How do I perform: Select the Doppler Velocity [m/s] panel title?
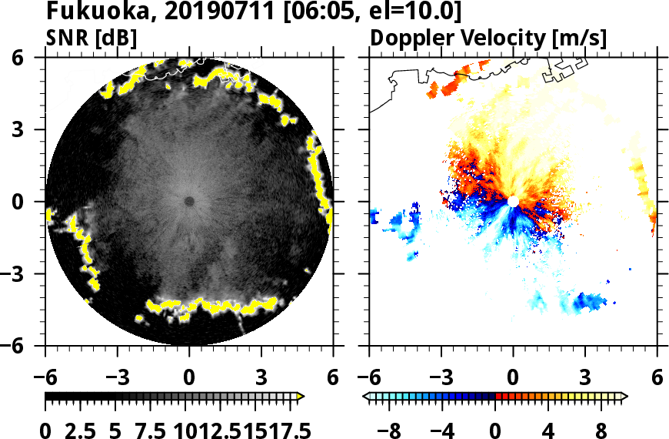[x=490, y=38]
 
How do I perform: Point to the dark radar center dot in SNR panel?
[x=189, y=202]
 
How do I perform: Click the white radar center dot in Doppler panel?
[x=513, y=201]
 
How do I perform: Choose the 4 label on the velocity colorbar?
[x=549, y=430]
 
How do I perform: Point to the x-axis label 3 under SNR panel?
[x=261, y=377]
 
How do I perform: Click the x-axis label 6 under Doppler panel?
[x=657, y=377]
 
